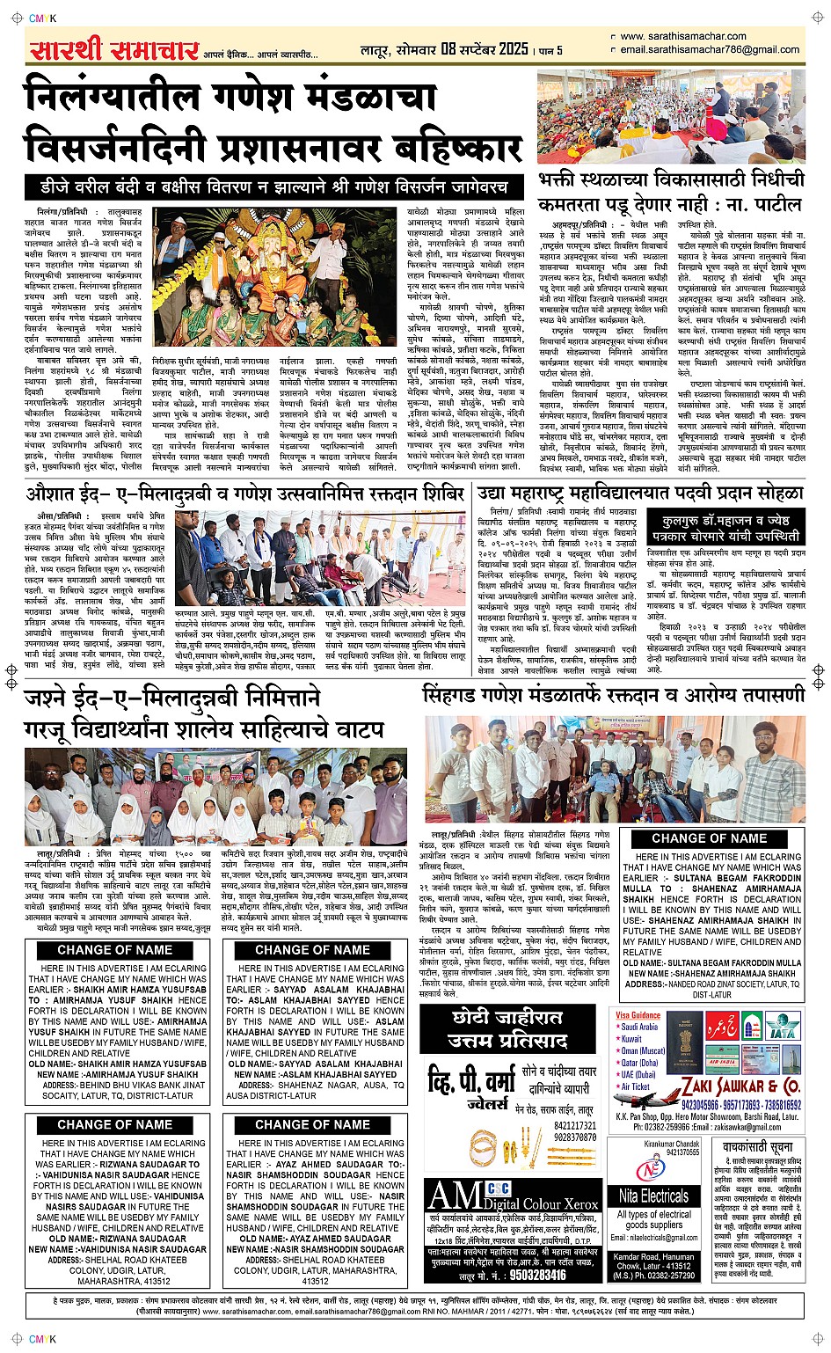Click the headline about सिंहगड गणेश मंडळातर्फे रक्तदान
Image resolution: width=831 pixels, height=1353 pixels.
[613, 694]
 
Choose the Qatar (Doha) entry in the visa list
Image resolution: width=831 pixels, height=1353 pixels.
[639, 1063]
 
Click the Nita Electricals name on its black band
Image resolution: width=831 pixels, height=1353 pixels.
[653, 1196]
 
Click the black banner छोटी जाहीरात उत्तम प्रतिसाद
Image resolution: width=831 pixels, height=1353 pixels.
[510, 1030]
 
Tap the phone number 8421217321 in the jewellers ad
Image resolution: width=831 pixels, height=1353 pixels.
[575, 1125]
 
